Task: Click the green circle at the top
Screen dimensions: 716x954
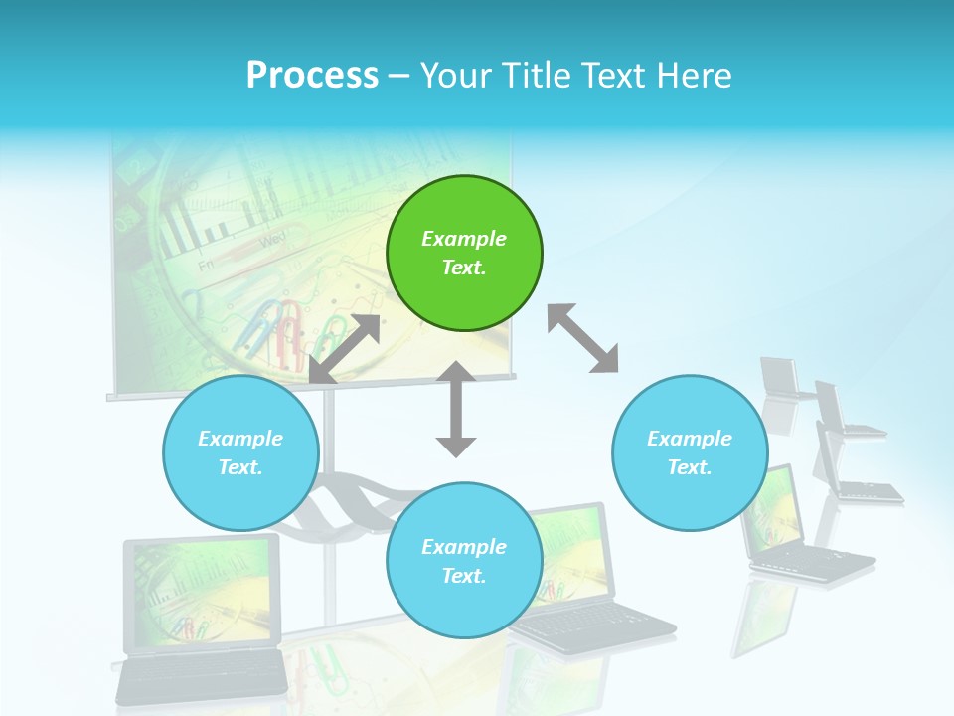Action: click(x=464, y=254)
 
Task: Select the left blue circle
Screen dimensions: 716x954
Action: click(x=240, y=452)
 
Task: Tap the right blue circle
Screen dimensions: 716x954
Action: click(x=690, y=452)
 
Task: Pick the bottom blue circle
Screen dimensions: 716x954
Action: click(x=464, y=561)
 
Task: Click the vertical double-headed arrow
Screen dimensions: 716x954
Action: click(x=456, y=409)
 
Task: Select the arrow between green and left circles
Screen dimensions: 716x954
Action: click(x=345, y=349)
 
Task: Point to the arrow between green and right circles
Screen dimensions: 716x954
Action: click(x=582, y=338)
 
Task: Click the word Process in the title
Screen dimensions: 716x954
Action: click(x=312, y=75)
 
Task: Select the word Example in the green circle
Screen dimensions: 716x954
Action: click(x=464, y=239)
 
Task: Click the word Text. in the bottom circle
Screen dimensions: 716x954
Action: click(x=464, y=576)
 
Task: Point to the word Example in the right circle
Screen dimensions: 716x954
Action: click(x=690, y=439)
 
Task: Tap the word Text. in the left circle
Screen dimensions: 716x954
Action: click(x=240, y=467)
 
